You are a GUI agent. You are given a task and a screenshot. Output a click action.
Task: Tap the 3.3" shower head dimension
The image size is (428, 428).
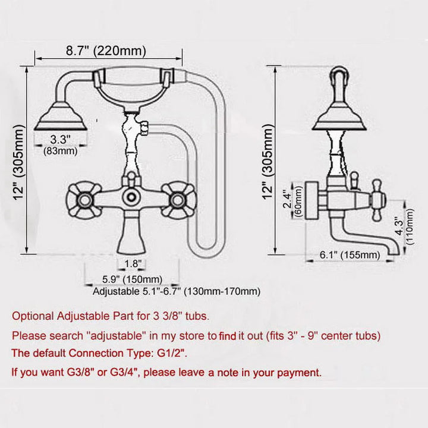tap(61, 140)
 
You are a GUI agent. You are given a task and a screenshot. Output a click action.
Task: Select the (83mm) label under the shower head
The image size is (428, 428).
tap(61, 151)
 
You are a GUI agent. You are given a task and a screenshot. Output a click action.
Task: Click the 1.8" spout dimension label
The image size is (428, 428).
tap(132, 263)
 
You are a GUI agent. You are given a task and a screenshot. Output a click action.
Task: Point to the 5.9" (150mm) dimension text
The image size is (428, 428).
tap(131, 279)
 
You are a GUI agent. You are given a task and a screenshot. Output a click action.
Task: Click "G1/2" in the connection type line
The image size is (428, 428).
tap(168, 353)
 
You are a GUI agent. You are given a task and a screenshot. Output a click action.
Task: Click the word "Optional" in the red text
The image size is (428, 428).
tap(34, 316)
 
